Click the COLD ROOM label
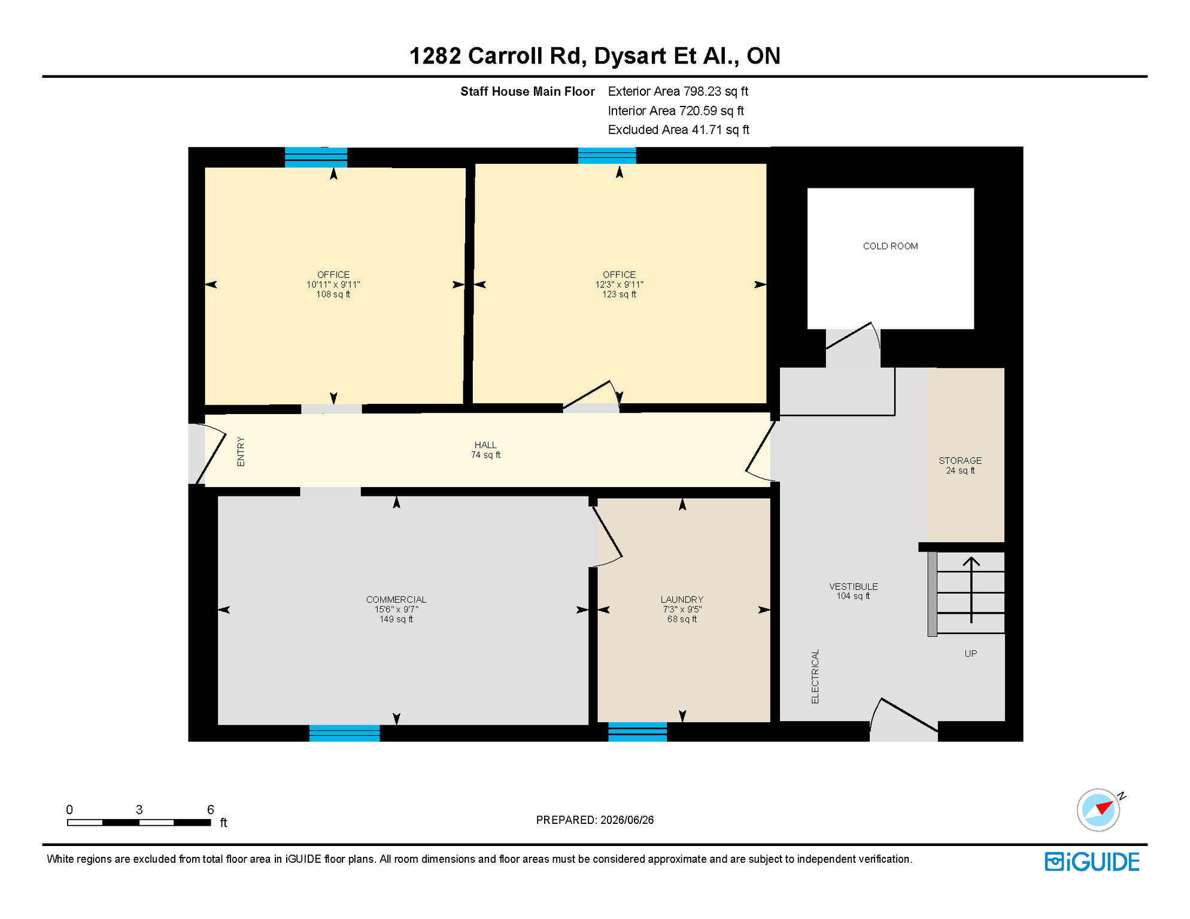(x=890, y=246)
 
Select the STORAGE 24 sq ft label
(x=960, y=465)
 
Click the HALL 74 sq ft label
(x=485, y=450)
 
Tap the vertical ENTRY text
(x=241, y=451)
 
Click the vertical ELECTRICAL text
(x=815, y=676)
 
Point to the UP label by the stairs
(x=970, y=653)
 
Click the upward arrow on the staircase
(x=971, y=590)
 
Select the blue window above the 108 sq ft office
(x=316, y=157)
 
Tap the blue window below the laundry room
(x=637, y=732)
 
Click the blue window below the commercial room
(x=344, y=733)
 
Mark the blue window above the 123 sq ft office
(x=607, y=156)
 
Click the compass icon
(x=1098, y=810)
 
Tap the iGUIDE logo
(x=1092, y=862)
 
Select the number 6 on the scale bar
(x=211, y=810)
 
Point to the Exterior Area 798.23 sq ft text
(x=678, y=92)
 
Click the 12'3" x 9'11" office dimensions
(x=620, y=285)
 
